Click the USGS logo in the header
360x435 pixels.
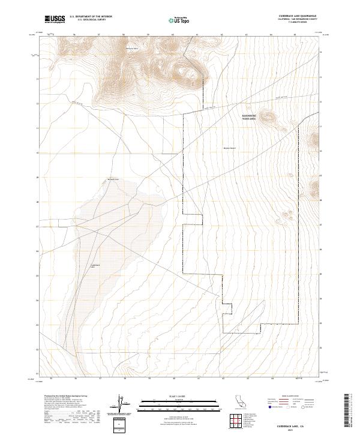click(55, 19)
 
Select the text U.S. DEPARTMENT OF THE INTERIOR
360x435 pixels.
click(91, 17)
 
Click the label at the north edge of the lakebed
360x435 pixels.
click(113, 179)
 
